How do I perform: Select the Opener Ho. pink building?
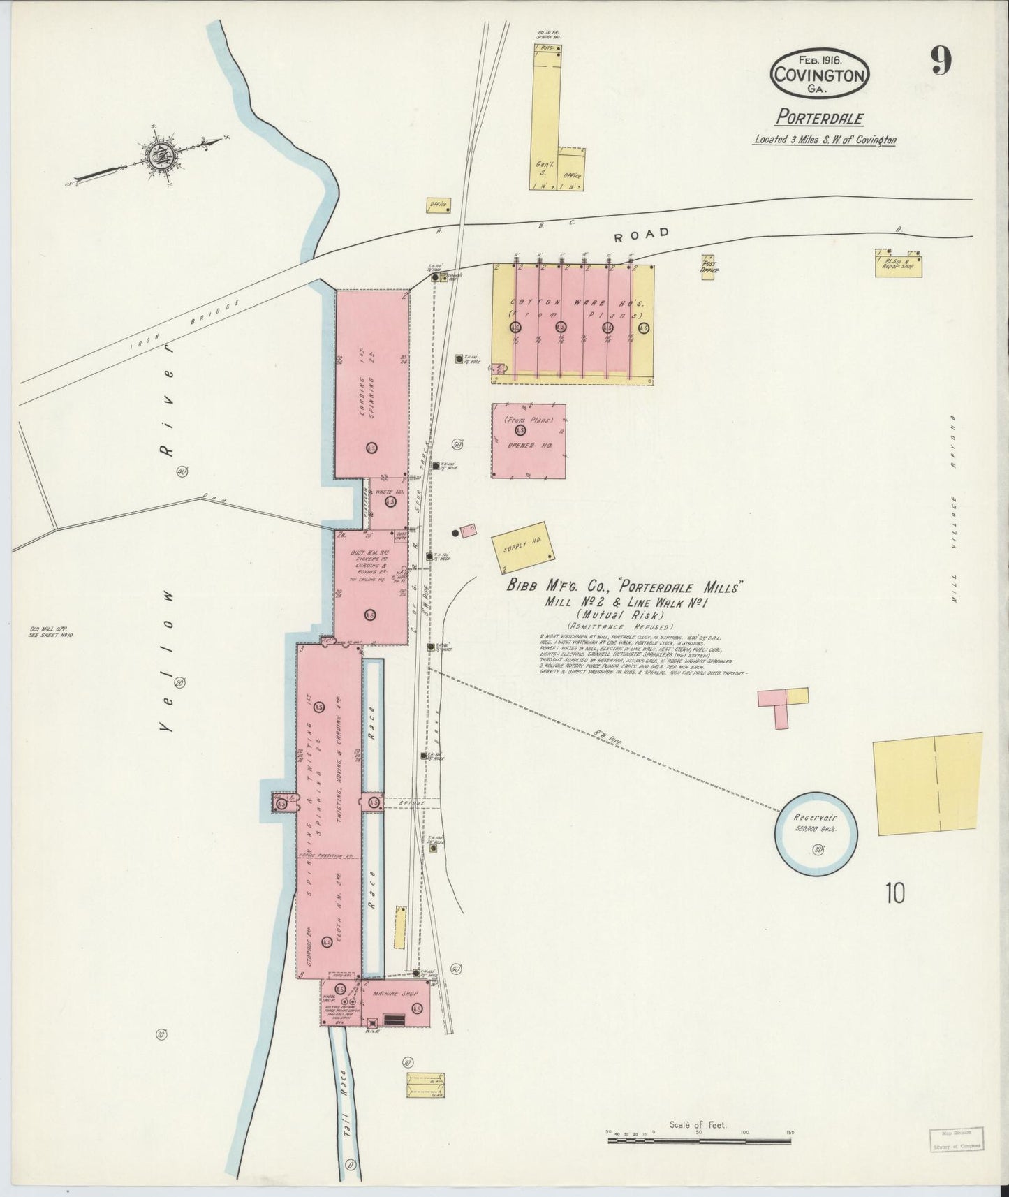[528, 440]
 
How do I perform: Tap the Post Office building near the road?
[708, 267]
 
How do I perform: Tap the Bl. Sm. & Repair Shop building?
[899, 264]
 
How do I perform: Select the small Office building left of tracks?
[438, 205]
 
